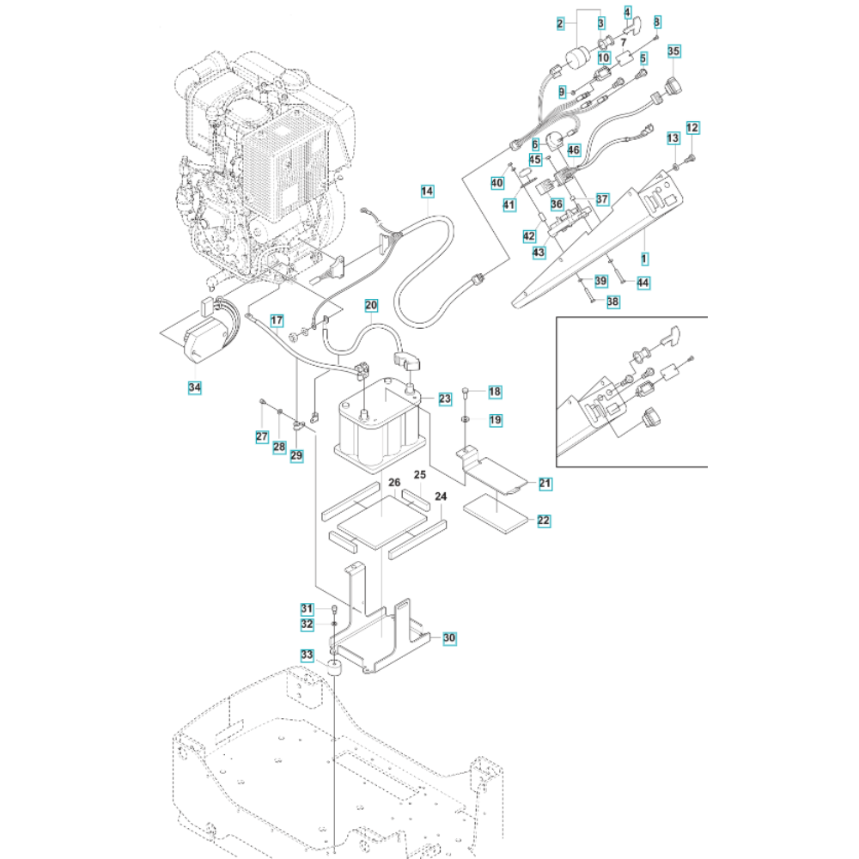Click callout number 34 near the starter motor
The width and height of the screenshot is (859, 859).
(x=195, y=389)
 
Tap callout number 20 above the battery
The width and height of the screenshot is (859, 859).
(x=371, y=305)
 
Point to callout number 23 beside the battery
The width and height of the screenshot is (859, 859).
(x=445, y=399)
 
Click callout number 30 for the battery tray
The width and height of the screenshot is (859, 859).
(x=448, y=638)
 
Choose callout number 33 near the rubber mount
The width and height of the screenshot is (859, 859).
(x=308, y=655)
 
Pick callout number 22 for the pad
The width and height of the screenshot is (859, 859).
(x=545, y=521)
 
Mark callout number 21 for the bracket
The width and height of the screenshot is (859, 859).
(x=545, y=484)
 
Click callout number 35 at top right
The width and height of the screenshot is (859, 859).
(x=674, y=52)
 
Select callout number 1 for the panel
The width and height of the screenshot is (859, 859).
(x=644, y=258)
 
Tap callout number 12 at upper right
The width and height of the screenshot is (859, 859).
(x=693, y=128)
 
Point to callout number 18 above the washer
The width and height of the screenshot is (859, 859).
(x=495, y=392)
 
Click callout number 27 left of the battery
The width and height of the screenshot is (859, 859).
(x=262, y=437)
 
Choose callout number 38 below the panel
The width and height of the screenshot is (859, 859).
(x=612, y=302)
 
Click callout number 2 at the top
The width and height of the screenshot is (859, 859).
(x=560, y=23)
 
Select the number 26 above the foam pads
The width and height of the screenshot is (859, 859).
(x=394, y=484)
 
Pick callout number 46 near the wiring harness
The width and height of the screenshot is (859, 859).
(x=574, y=149)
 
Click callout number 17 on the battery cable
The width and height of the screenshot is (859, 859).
(x=277, y=321)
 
